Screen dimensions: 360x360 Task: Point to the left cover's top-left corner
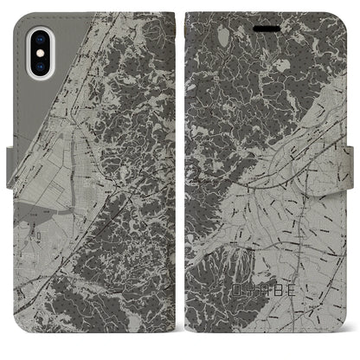pos(19,15)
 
